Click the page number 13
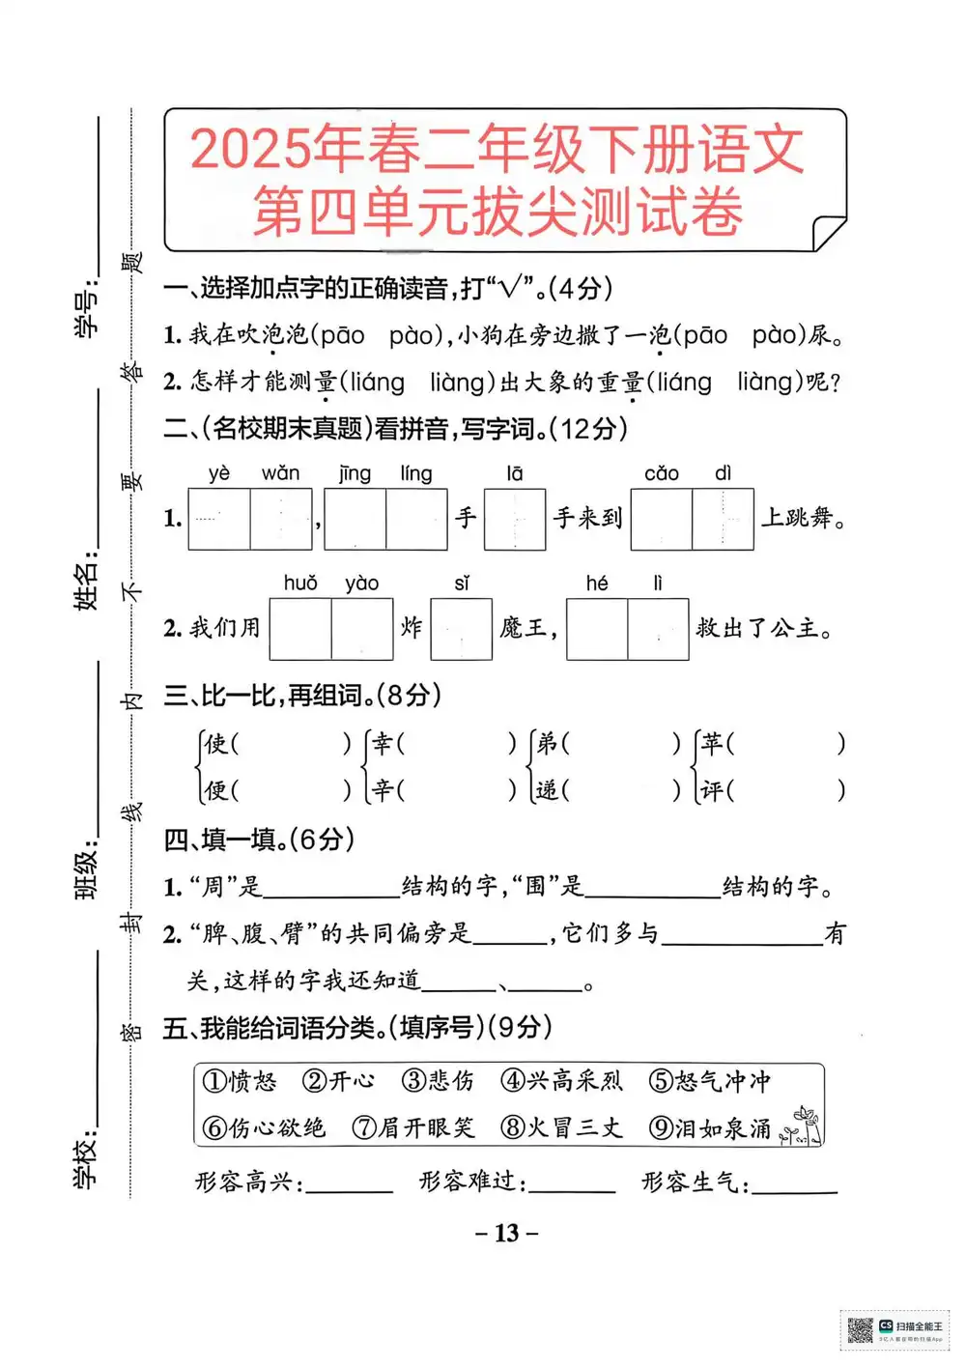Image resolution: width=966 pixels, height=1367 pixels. tap(507, 1234)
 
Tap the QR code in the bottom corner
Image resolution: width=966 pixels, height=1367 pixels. tap(860, 1330)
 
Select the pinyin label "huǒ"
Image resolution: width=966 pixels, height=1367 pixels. tap(300, 584)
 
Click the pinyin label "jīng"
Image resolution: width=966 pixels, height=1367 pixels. tap(355, 473)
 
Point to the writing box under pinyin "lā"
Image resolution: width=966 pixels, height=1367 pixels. tap(515, 520)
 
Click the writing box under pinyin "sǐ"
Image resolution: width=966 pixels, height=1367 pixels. tap(462, 630)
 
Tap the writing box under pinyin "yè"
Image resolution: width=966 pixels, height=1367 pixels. tap(219, 520)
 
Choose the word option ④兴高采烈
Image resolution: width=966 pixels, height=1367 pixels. tap(562, 1081)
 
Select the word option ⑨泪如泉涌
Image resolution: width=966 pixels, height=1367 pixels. tap(710, 1128)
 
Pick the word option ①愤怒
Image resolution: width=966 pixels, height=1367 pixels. tap(240, 1081)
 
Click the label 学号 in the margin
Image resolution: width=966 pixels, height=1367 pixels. tap(87, 311)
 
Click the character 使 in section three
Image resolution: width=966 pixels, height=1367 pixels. tap(215, 744)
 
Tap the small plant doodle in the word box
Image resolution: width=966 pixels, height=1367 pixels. tap(802, 1126)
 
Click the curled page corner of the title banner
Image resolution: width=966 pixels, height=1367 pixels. tap(828, 233)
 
